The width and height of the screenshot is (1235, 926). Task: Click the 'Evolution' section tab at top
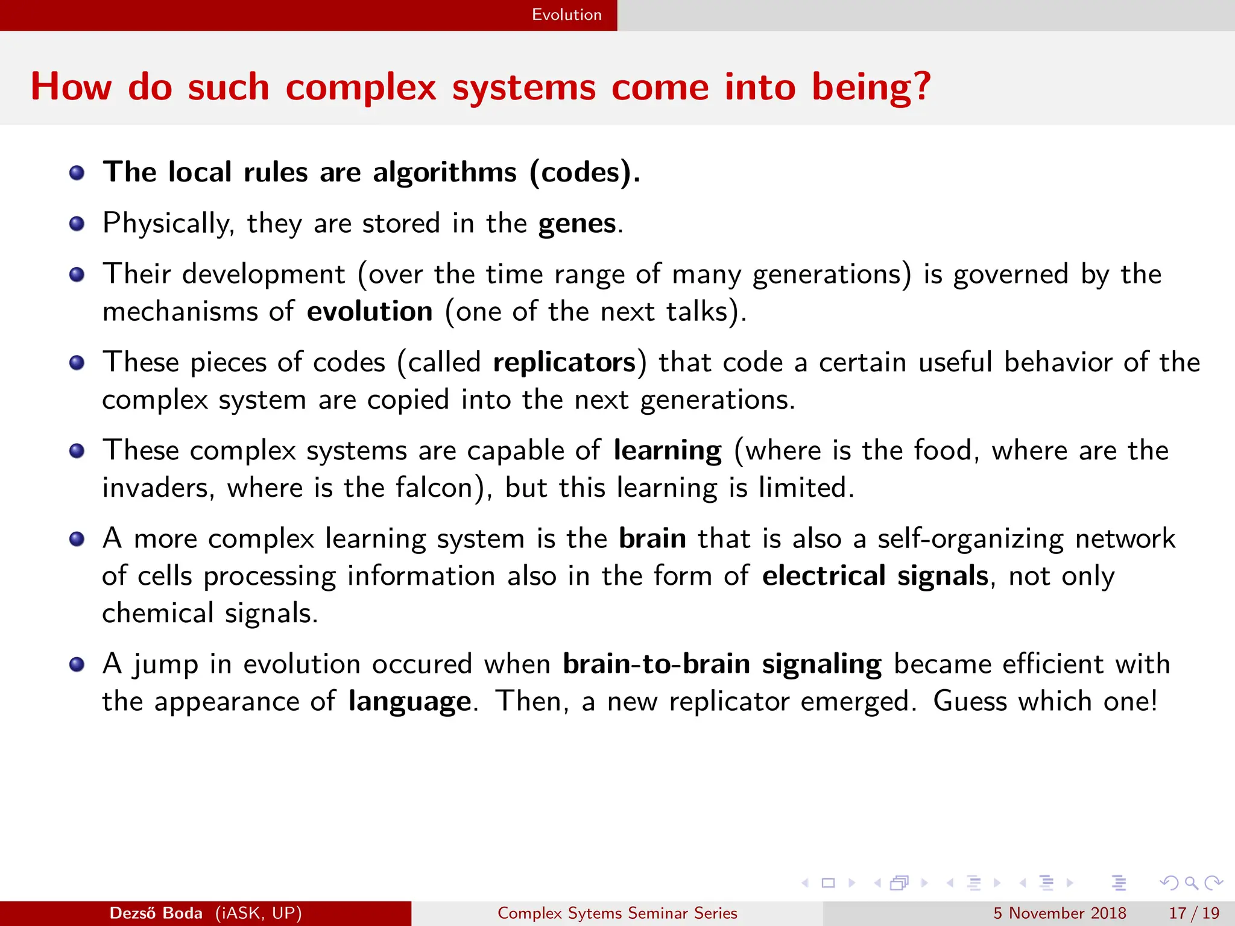(566, 14)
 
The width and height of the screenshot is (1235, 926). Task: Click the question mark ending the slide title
(920, 86)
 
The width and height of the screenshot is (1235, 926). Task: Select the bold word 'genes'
(576, 224)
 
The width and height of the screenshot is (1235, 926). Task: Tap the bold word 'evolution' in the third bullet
(369, 312)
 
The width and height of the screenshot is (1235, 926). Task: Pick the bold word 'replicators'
(564, 363)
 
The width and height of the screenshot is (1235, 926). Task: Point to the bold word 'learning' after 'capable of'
(667, 451)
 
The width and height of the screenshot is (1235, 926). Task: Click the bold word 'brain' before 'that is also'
(652, 539)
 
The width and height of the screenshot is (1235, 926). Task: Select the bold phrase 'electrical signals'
(875, 576)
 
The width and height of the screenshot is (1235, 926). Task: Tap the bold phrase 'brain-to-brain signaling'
(722, 664)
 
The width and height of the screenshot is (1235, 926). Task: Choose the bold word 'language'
(409, 702)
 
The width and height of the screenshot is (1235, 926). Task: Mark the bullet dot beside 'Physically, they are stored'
(77, 224)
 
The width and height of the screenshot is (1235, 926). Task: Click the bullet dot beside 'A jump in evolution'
(77, 664)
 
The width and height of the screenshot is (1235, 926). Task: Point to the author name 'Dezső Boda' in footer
(156, 913)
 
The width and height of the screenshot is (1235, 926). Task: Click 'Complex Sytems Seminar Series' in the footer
(617, 913)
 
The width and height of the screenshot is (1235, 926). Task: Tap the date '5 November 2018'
(1060, 913)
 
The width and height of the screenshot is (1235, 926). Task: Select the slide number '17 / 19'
(1194, 913)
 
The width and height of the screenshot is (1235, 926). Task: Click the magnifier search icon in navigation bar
(1191, 883)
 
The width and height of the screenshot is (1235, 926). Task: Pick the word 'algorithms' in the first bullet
(444, 173)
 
